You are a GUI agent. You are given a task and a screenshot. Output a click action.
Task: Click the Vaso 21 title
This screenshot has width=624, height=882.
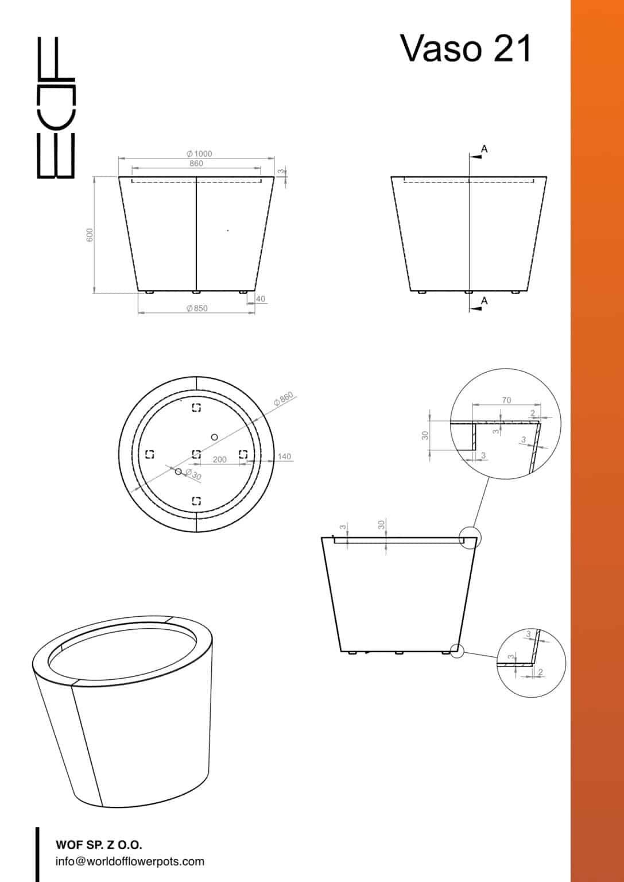[x=466, y=48]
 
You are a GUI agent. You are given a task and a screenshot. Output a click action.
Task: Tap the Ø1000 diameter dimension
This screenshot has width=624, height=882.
[x=199, y=153]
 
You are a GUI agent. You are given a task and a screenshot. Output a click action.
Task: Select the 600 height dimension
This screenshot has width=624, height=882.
[x=90, y=235]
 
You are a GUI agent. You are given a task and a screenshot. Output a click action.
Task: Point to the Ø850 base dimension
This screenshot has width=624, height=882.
[x=197, y=308]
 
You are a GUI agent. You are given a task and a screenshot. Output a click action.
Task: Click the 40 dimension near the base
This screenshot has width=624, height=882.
[x=260, y=299]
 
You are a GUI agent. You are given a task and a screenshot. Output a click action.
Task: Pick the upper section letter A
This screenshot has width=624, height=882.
[x=485, y=149]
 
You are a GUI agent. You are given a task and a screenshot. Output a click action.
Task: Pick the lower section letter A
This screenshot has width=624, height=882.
[x=485, y=300]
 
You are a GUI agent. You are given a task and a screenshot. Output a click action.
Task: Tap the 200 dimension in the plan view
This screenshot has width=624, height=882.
[x=219, y=459]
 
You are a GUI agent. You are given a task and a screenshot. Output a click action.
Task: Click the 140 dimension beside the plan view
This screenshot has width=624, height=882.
[x=284, y=457]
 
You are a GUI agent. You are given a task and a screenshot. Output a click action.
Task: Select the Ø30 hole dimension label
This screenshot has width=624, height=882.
[x=193, y=474]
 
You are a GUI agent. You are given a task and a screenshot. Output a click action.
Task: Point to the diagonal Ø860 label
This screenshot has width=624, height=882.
[x=284, y=399]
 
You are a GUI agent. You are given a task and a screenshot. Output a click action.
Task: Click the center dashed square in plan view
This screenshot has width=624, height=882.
[x=196, y=454]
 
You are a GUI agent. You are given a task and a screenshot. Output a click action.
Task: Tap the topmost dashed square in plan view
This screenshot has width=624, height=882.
[x=196, y=408]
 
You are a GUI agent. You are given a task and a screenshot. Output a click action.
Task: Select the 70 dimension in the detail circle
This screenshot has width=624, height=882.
[x=506, y=400]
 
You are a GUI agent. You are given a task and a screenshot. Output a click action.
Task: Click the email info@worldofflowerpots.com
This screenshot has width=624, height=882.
[x=130, y=861]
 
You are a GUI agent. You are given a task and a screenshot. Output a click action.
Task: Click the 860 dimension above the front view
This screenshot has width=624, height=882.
[x=196, y=163]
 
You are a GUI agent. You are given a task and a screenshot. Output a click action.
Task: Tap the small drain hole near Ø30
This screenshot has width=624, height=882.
[x=179, y=471]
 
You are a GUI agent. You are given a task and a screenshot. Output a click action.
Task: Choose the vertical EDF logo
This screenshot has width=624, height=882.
[x=56, y=107]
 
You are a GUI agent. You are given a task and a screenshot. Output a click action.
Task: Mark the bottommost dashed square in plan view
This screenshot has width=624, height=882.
[x=196, y=501]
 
